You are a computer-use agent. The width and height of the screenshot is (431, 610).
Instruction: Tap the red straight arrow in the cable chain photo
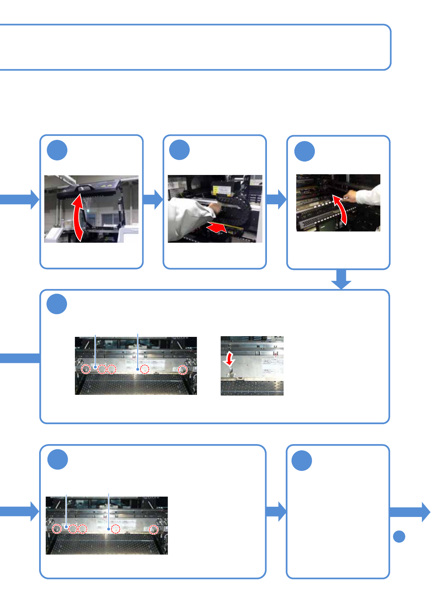pos(217,228)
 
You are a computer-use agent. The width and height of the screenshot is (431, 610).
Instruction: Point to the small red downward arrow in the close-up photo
pos(229,359)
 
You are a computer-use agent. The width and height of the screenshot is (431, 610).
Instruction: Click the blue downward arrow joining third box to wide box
pos(341,279)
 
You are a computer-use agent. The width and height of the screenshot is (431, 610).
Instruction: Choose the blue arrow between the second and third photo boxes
pos(276,199)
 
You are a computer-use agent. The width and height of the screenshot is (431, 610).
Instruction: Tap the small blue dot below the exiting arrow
pos(399,536)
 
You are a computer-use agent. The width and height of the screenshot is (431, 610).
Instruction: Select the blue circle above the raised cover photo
pos(57,150)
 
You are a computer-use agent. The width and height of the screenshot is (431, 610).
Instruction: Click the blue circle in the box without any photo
pos(302,460)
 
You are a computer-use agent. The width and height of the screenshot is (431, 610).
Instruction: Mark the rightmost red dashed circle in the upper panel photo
pos(183,370)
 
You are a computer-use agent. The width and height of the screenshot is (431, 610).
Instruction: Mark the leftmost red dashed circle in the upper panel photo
pos(86,369)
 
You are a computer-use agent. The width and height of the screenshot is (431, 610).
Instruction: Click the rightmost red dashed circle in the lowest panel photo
pos(154,530)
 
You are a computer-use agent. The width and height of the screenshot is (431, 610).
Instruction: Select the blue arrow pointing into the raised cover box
pos(20,199)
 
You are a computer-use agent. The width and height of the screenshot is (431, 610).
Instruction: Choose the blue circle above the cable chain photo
pos(180,150)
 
